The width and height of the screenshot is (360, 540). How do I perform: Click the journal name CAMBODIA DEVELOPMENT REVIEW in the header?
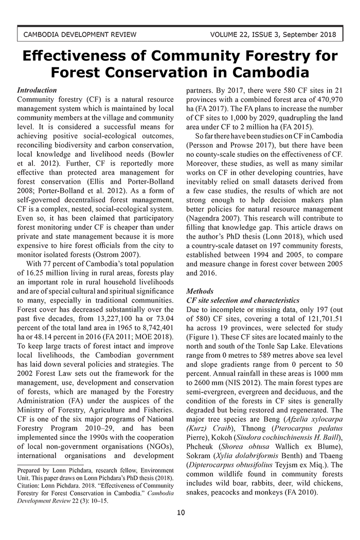coord(80,35)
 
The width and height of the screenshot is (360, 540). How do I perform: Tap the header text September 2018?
coord(311,35)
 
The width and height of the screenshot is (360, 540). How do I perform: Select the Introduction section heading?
coord(37,90)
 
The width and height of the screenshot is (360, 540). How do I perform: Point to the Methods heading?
coord(200,291)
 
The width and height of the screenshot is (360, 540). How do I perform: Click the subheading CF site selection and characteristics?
coord(243,300)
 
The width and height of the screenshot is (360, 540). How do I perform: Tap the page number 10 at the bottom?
coord(180,512)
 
